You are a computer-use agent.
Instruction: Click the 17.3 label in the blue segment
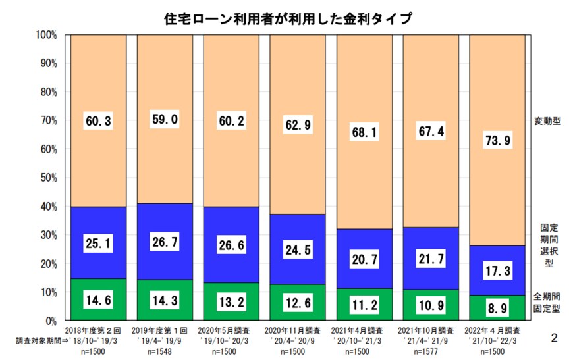497,270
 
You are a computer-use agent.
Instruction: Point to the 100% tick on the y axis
49,34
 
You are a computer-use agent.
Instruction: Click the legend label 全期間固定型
547,303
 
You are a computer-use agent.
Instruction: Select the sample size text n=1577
431,351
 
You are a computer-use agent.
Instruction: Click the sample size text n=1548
165,351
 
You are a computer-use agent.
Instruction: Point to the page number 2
554,338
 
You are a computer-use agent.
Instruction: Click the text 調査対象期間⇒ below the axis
41,341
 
